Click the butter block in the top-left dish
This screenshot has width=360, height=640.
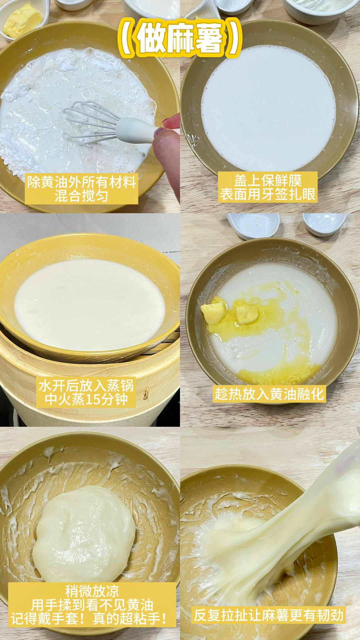point(22,21)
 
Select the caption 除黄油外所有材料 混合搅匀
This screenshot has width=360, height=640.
point(81,189)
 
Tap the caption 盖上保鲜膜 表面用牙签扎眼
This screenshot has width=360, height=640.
point(268,187)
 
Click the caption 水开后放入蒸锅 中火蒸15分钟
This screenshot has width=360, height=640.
point(86,392)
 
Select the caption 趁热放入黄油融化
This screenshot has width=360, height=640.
point(269,394)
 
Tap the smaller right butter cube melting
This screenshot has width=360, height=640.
point(247,314)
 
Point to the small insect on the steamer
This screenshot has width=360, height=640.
point(146,394)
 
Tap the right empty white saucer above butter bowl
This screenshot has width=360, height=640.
point(324,223)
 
